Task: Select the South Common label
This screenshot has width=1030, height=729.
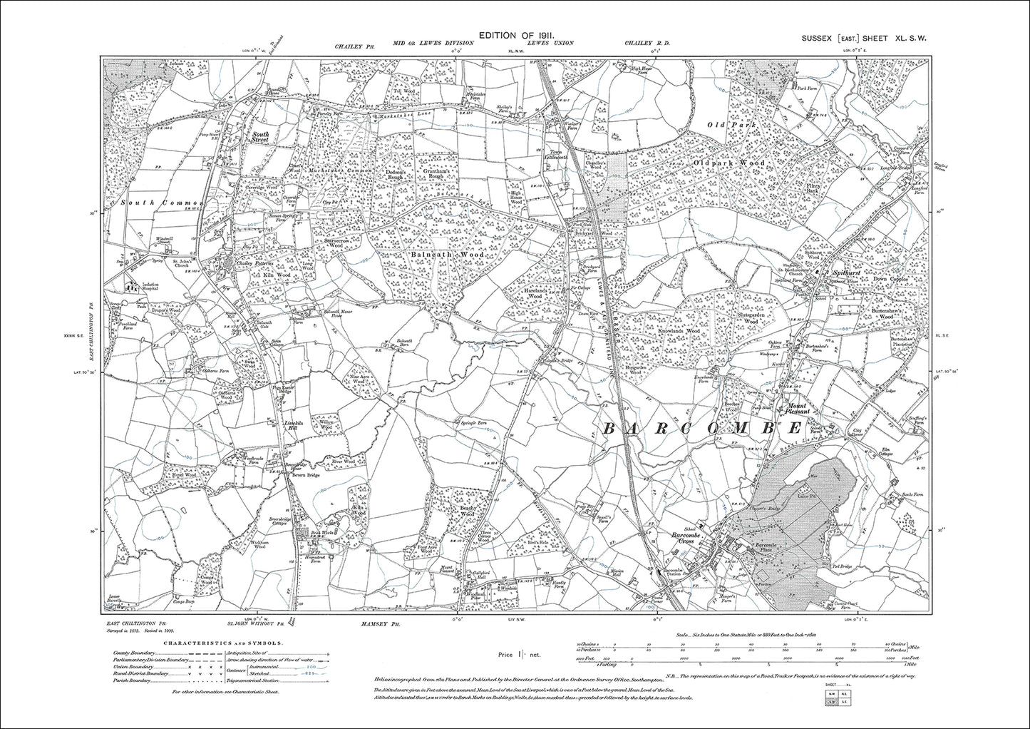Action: click(x=162, y=203)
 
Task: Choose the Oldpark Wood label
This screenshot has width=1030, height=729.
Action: click(x=729, y=163)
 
